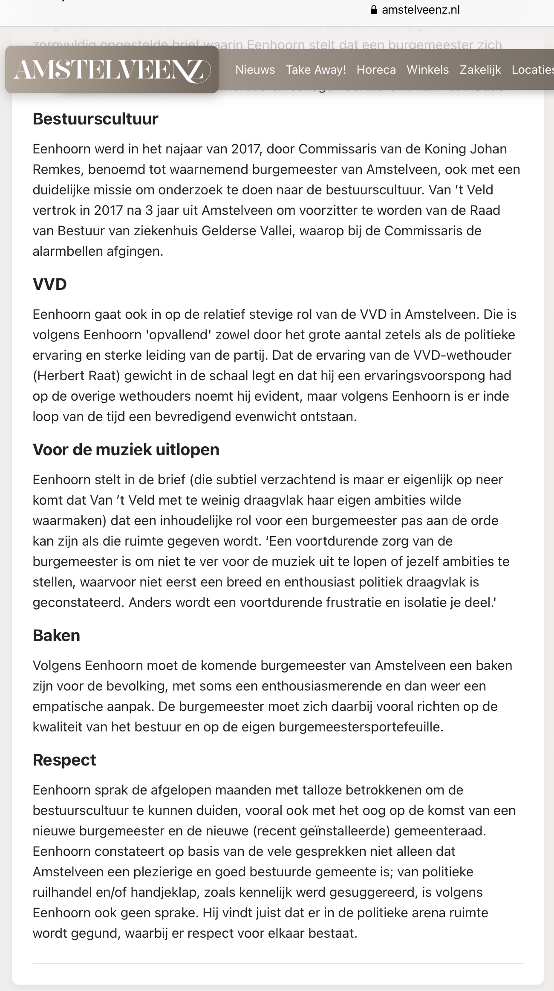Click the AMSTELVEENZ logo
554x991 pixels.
click(112, 69)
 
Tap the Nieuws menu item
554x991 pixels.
click(255, 69)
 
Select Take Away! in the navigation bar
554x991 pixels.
click(316, 69)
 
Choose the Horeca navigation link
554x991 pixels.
click(376, 69)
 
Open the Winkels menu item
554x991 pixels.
click(427, 69)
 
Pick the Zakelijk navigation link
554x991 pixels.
click(480, 69)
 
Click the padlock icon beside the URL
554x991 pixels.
click(374, 10)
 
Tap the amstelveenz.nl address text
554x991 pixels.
click(421, 10)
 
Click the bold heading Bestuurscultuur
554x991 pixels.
click(95, 119)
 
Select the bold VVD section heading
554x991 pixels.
click(50, 284)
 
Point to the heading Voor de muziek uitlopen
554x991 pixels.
click(126, 450)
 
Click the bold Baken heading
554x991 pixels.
click(56, 636)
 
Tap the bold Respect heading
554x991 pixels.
click(64, 760)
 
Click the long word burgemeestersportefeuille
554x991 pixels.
click(361, 727)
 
